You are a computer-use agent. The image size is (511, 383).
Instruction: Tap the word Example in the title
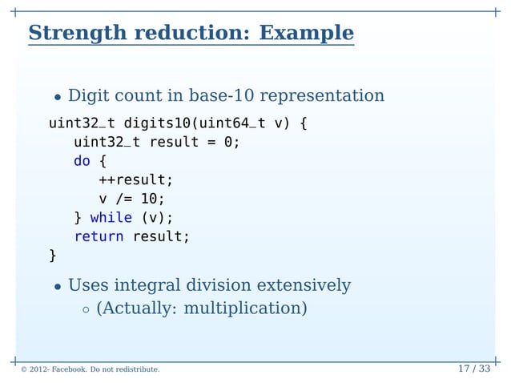click(x=307, y=34)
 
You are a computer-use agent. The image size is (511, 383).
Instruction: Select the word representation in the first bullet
click(x=324, y=96)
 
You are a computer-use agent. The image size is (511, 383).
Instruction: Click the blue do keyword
click(x=82, y=161)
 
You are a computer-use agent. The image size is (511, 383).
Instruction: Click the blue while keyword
click(x=111, y=217)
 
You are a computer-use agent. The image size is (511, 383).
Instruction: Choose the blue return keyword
click(x=99, y=236)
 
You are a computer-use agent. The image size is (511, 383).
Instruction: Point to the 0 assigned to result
click(x=227, y=143)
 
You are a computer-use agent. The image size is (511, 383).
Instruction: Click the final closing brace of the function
click(x=53, y=256)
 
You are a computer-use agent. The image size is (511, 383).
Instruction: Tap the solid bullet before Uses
click(x=58, y=287)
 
